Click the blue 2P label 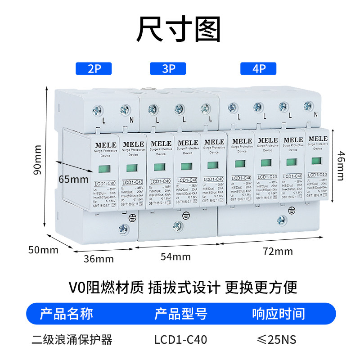click(x=94, y=69)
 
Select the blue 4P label click(x=259, y=69)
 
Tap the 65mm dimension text click(x=73, y=179)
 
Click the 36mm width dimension click(x=99, y=259)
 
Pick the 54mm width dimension click(x=176, y=256)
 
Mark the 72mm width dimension click(x=278, y=251)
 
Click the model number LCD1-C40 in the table click(x=180, y=339)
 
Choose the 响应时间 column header click(x=278, y=314)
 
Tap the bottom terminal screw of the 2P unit click(x=123, y=229)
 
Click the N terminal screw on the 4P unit click(x=308, y=106)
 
